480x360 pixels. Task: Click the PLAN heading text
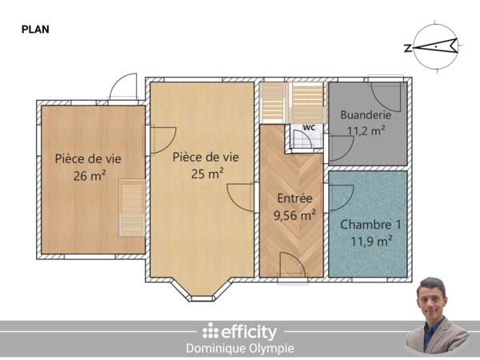click(34, 29)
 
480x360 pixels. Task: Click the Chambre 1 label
click(367, 225)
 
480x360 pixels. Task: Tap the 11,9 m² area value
click(367, 240)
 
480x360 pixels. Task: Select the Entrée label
click(294, 198)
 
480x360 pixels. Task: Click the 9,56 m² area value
click(294, 214)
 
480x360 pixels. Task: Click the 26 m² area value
click(90, 175)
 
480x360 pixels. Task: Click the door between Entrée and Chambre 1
click(339, 197)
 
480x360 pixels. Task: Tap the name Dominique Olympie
click(240, 349)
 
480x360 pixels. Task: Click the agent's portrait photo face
click(433, 298)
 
